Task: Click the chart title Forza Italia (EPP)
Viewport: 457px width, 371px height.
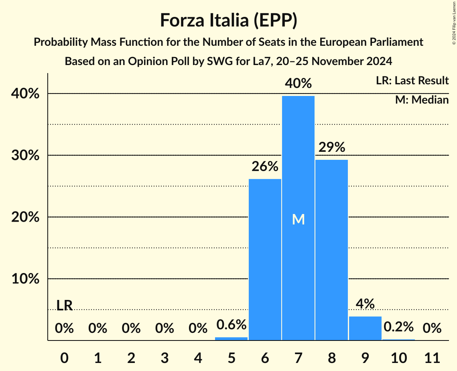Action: coord(228,20)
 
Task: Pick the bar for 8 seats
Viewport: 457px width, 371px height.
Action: coord(331,249)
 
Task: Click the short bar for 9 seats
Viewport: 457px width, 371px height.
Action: coord(365,328)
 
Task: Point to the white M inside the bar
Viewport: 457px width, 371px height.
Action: coord(298,219)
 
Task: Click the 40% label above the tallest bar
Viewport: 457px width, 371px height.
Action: coord(298,84)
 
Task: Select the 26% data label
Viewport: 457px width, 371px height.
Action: coord(265,166)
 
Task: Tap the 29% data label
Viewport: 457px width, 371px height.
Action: coord(331,147)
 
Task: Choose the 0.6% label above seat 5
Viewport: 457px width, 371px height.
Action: coord(231,324)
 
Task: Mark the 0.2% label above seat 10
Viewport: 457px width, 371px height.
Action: coord(398,327)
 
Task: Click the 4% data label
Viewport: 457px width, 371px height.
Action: coord(365,304)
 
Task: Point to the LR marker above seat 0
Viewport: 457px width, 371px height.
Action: coord(64,306)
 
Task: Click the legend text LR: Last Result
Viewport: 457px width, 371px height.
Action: coord(412,81)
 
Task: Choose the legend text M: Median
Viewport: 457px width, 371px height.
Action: coord(422,100)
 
